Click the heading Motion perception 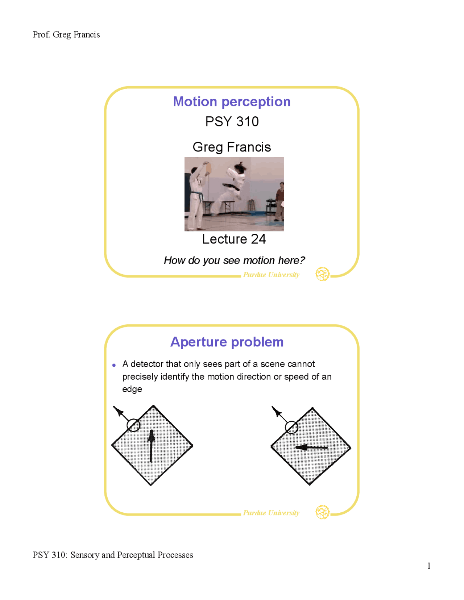click(x=232, y=102)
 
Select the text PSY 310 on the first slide click(x=232, y=122)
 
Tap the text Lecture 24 click(x=234, y=239)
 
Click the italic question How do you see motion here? click(x=234, y=260)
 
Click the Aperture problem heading click(x=227, y=342)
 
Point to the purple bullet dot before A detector click(x=114, y=365)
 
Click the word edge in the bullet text click(x=132, y=389)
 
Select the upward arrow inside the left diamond click(x=151, y=446)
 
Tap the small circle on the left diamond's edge click(x=133, y=425)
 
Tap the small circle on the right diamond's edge click(x=291, y=427)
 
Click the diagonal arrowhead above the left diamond click(x=119, y=411)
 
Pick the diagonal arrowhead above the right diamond click(x=277, y=412)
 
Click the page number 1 click(x=429, y=566)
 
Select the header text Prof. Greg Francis click(x=66, y=35)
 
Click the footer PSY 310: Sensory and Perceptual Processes click(x=113, y=555)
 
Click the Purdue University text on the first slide click(x=271, y=275)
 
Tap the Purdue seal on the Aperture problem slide click(x=322, y=512)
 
